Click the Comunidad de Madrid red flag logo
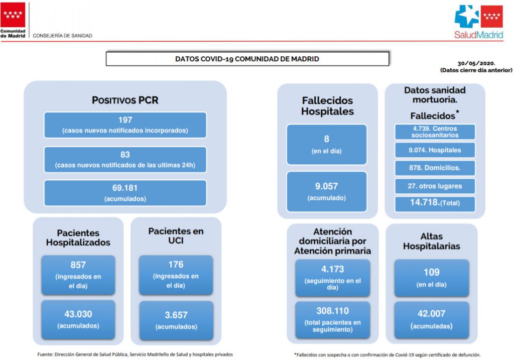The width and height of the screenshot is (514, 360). [13, 15]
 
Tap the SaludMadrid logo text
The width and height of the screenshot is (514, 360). [478, 35]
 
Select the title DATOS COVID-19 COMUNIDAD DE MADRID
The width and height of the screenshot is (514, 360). [247, 59]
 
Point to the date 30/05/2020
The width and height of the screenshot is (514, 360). [476, 63]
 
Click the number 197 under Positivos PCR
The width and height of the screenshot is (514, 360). [125, 120]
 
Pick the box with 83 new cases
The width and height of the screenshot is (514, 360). [125, 160]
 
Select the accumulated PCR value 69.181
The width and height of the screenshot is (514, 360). [125, 188]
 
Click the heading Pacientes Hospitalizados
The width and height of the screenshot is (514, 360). [78, 237]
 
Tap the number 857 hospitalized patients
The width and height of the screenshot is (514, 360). [78, 265]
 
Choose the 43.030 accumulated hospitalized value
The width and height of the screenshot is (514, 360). [78, 314]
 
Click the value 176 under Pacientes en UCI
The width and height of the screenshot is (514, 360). [176, 265]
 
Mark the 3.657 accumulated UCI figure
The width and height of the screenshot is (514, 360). [176, 315]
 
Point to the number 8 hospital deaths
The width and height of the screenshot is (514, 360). [326, 139]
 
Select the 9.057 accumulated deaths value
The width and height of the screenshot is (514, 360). [326, 186]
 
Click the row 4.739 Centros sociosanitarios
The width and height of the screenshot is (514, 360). [435, 132]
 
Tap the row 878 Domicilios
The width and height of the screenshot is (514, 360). [435, 168]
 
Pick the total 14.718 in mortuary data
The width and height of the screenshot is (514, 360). [425, 202]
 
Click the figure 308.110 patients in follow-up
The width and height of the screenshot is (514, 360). [332, 311]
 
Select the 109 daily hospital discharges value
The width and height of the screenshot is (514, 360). [431, 272]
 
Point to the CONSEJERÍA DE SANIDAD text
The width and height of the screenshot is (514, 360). [62, 36]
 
